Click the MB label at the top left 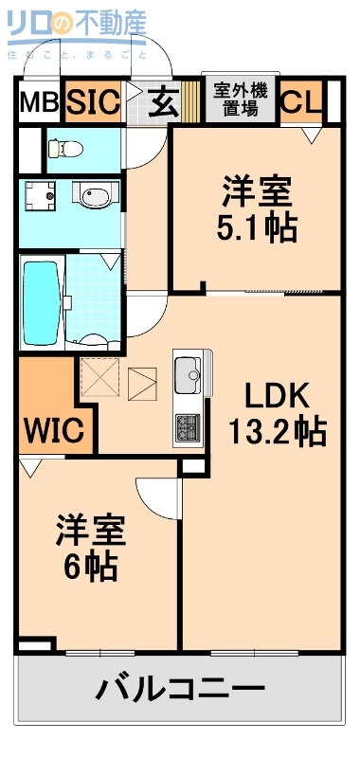(x=39, y=102)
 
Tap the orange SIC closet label (x=93, y=101)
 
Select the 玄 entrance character (x=164, y=102)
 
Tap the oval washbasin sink (x=96, y=197)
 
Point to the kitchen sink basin (x=188, y=370)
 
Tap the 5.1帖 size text (x=256, y=228)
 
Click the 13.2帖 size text (x=277, y=431)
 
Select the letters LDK (x=278, y=394)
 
